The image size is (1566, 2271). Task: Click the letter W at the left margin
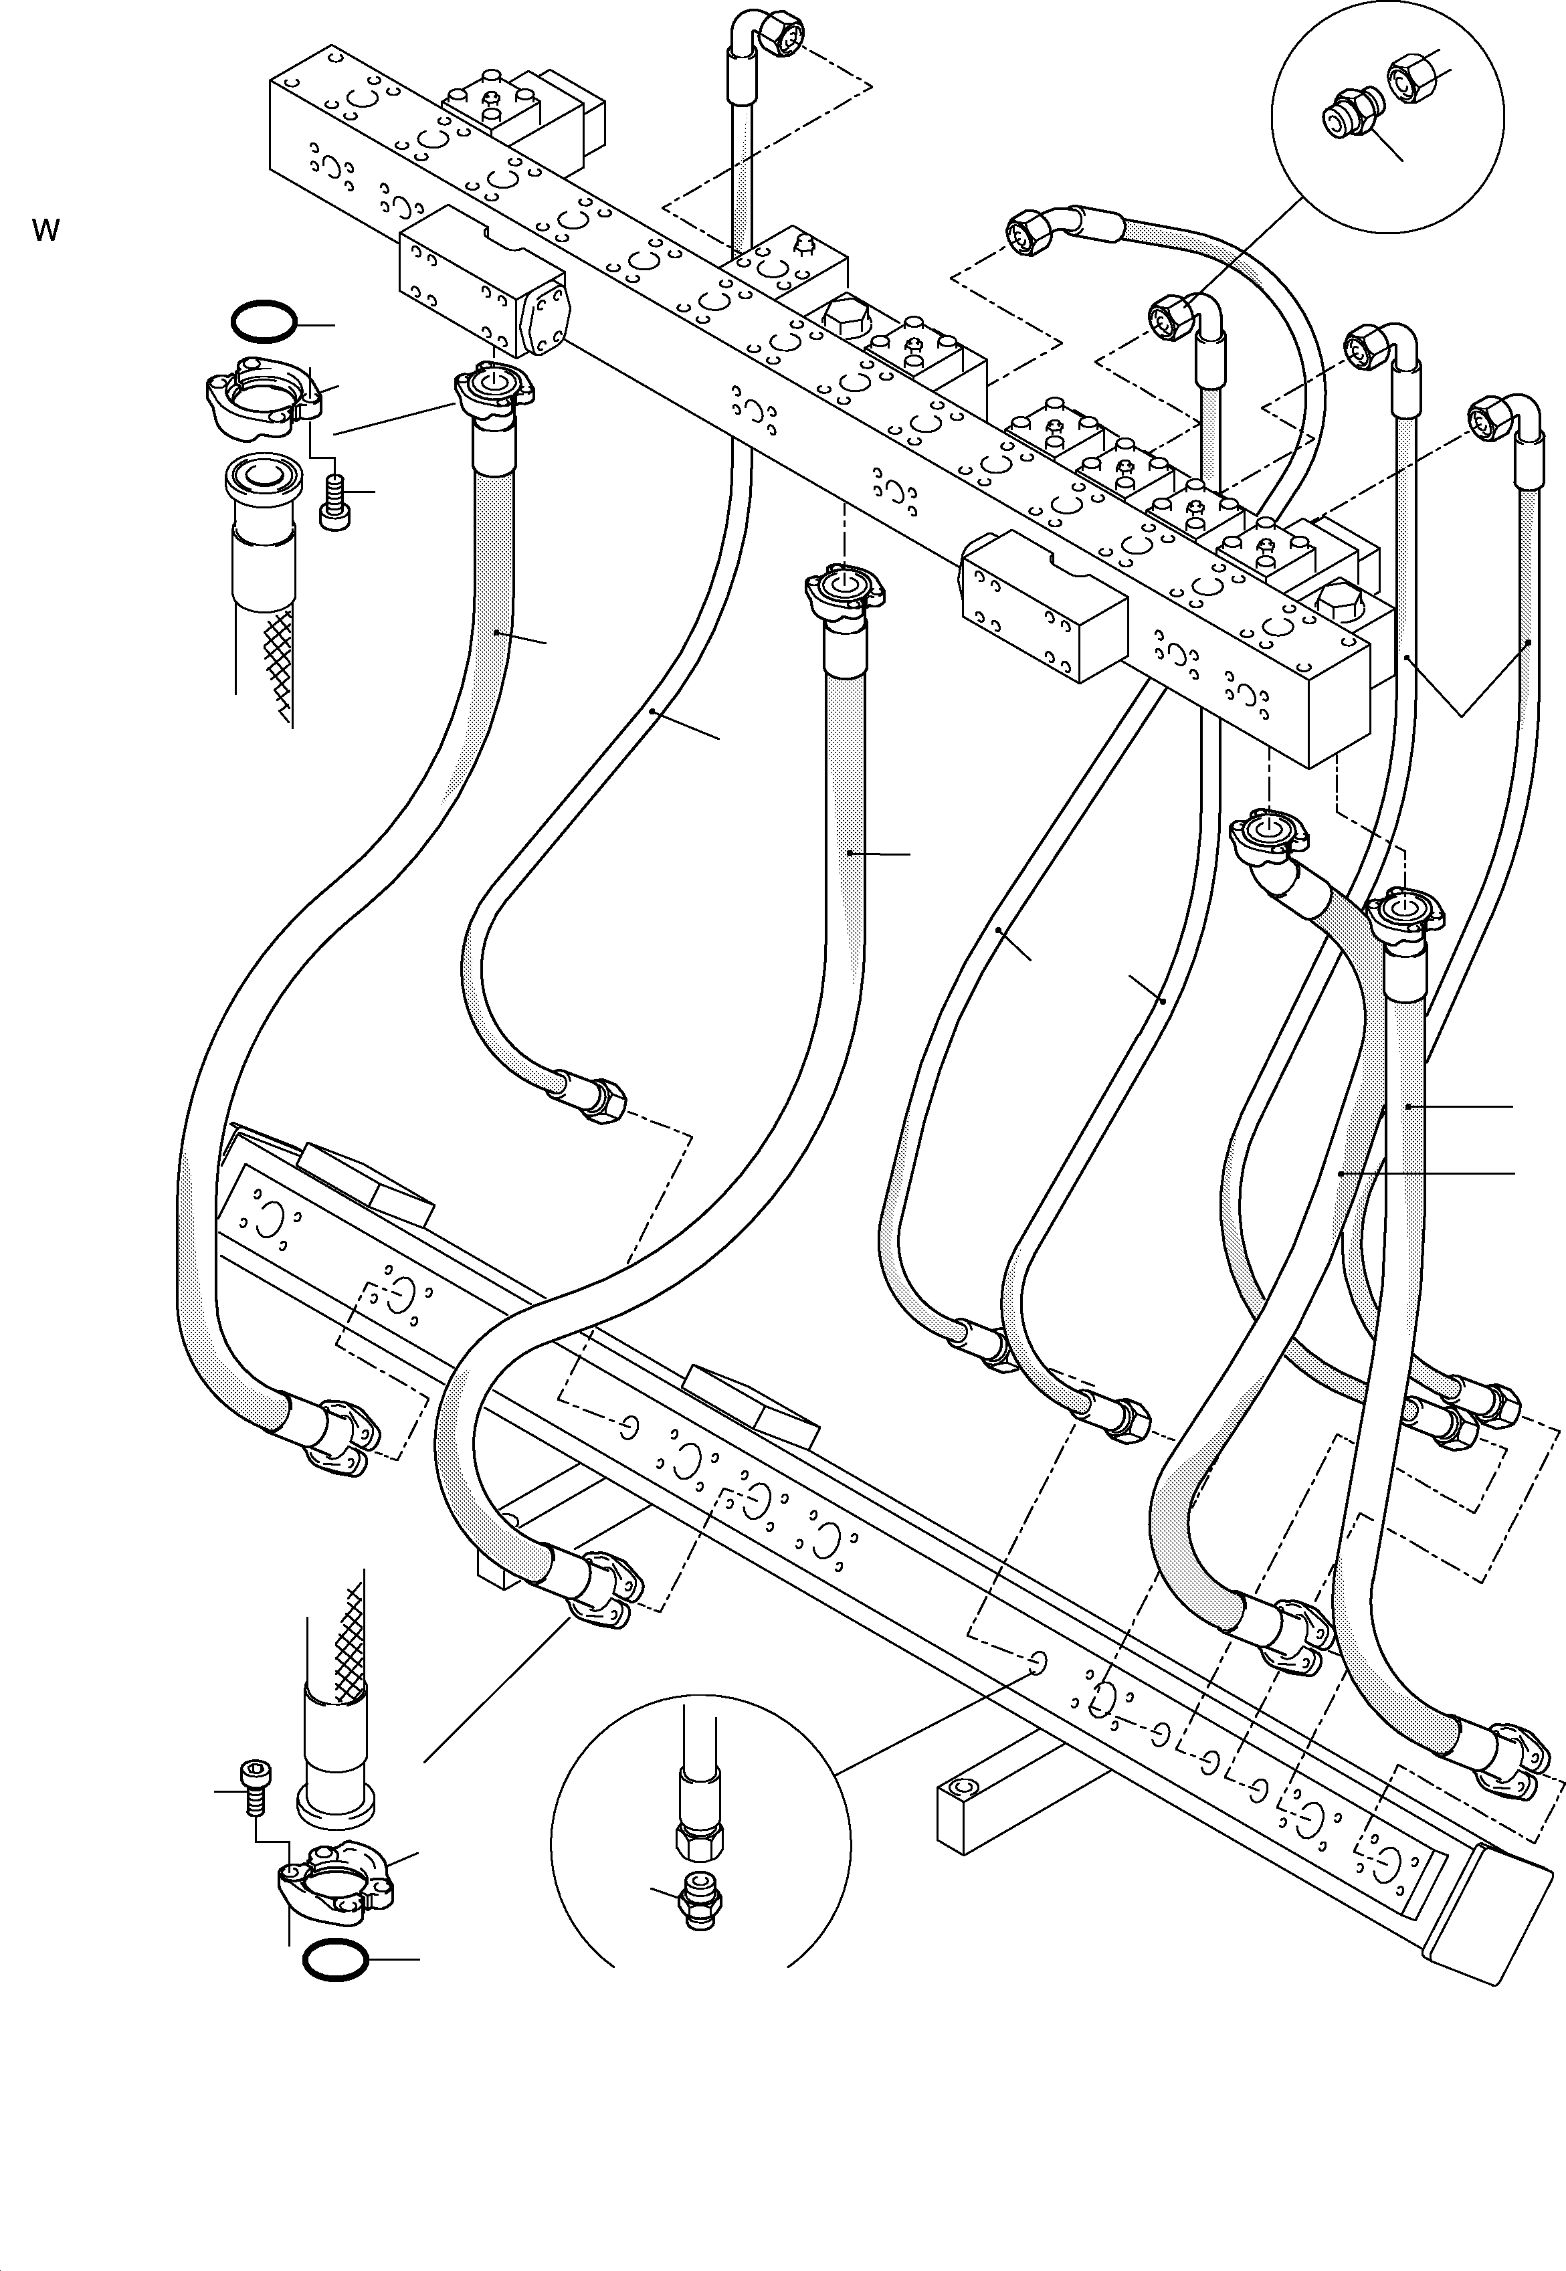click(x=45, y=231)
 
